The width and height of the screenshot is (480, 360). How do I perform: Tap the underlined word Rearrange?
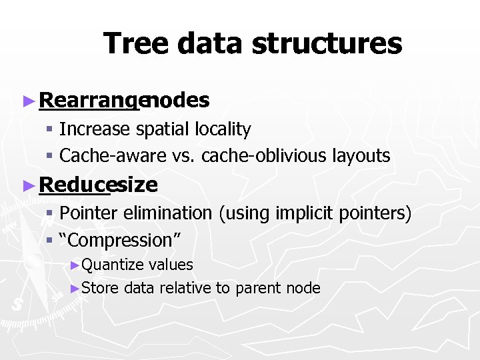click(91, 101)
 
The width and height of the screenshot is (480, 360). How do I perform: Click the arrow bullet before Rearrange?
click(27, 101)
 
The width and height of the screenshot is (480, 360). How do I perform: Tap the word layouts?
click(360, 156)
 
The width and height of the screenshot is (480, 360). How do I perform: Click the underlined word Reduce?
click(73, 185)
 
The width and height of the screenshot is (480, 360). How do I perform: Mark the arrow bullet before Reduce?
click(27, 185)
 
